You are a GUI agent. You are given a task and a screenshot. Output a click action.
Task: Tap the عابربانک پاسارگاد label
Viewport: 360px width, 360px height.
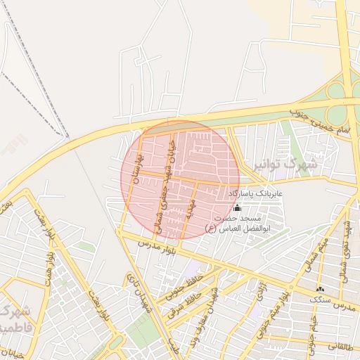[259, 192]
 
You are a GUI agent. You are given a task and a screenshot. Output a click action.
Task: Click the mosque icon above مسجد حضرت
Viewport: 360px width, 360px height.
[236, 208]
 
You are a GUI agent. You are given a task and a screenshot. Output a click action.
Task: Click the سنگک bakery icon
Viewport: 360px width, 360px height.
[321, 290]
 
